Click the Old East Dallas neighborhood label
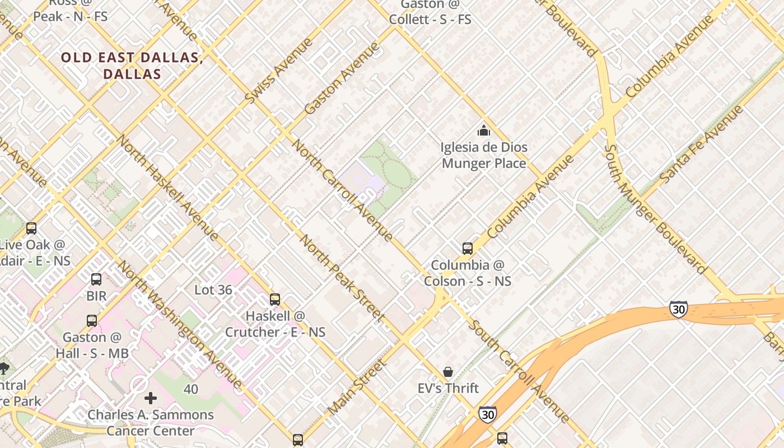[132, 66]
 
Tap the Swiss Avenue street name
[278, 71]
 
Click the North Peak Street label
[341, 278]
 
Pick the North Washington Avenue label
[180, 324]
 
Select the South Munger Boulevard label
[655, 209]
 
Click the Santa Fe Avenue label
[701, 143]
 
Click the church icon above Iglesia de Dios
[483, 131]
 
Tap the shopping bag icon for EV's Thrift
[448, 372]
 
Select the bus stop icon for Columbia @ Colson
[467, 249]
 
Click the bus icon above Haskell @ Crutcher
[275, 300]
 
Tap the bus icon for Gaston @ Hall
[92, 321]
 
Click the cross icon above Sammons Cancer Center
[150, 398]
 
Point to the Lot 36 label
[213, 290]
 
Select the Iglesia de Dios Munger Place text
[484, 155]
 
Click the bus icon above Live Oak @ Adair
[31, 228]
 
